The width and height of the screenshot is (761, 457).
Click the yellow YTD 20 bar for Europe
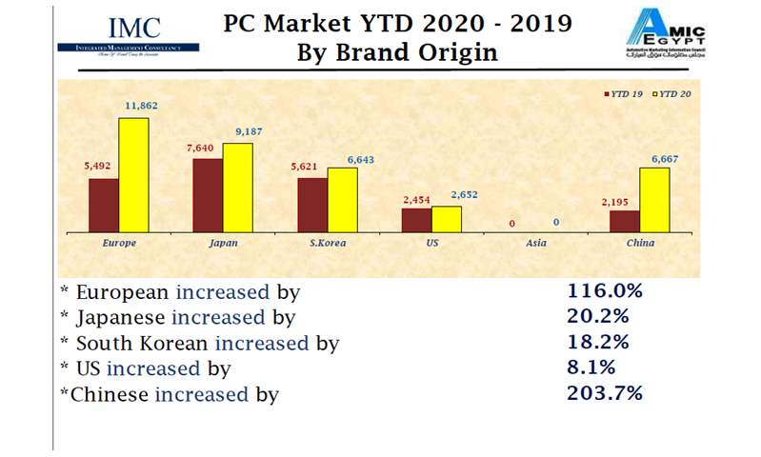pos(133,175)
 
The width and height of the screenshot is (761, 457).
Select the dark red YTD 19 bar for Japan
pos(208,195)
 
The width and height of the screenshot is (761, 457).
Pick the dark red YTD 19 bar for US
pos(416,220)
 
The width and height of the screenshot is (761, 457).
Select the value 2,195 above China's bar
pos(622,202)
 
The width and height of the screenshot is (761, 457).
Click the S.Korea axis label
pos(329,243)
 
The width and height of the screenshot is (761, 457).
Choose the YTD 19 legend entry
pos(627,94)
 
